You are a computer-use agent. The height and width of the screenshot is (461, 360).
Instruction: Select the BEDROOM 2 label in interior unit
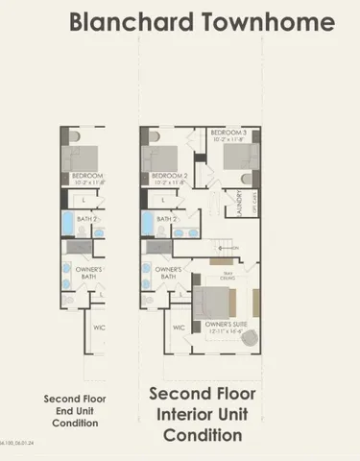(168, 177)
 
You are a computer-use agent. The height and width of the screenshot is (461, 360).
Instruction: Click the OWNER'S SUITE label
(227, 325)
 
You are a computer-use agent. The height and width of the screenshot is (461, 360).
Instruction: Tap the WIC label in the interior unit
(179, 328)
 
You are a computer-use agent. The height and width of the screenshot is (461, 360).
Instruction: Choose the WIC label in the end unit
(99, 328)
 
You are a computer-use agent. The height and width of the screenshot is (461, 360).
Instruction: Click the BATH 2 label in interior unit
(167, 219)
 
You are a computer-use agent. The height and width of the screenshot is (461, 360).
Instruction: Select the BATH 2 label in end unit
(87, 219)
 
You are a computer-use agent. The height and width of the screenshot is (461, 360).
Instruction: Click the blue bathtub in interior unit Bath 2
(148, 223)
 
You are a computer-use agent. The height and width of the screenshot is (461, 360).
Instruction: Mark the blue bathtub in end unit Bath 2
(68, 223)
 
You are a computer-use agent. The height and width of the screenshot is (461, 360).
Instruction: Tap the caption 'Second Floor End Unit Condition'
(75, 410)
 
